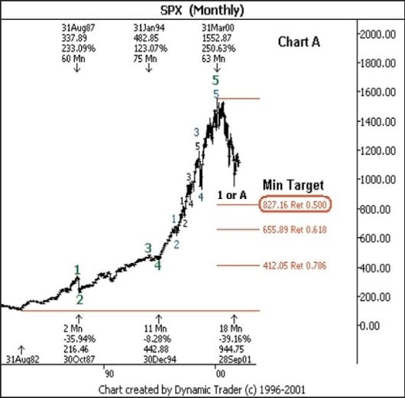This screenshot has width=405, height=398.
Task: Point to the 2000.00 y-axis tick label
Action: point(380,35)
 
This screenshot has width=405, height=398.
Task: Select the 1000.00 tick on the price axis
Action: point(380,180)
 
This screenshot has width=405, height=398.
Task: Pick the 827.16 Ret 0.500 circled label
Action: point(295,205)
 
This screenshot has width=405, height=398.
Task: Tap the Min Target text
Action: point(293,185)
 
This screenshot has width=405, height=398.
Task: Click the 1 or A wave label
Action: point(232,195)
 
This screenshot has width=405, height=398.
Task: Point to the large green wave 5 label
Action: point(216,79)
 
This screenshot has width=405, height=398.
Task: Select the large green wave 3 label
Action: point(148,248)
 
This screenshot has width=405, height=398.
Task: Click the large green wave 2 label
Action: point(79,299)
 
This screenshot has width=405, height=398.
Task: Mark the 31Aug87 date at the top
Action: point(76,27)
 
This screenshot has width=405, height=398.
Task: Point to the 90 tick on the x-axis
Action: point(109,374)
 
